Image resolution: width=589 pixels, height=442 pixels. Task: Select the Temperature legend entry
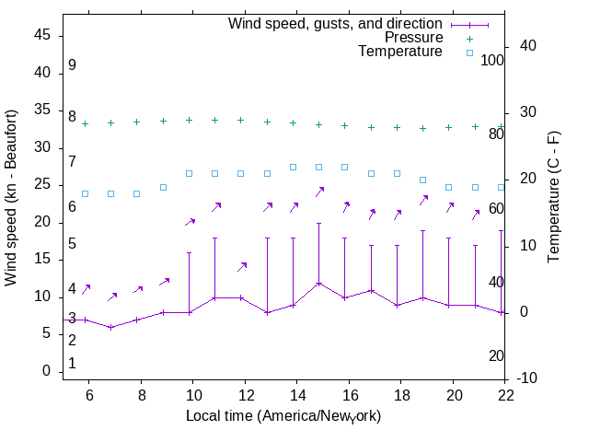(400, 52)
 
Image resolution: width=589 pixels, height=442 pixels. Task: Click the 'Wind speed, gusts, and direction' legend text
(335, 23)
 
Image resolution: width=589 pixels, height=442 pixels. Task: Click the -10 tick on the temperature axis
(524, 378)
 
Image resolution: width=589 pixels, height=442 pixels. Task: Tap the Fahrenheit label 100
(492, 61)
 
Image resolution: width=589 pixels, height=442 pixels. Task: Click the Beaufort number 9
(72, 66)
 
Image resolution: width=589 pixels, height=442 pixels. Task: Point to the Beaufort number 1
(72, 364)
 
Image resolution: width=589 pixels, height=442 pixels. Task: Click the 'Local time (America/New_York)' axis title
(283, 416)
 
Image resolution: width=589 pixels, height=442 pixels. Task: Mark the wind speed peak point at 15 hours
(319, 283)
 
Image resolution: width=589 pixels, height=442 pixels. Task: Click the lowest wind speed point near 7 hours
(111, 327)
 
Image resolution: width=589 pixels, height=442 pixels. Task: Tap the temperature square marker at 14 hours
(294, 167)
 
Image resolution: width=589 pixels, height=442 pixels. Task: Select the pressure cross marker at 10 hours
(190, 120)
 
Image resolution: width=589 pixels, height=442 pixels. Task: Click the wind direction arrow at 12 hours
(242, 266)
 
